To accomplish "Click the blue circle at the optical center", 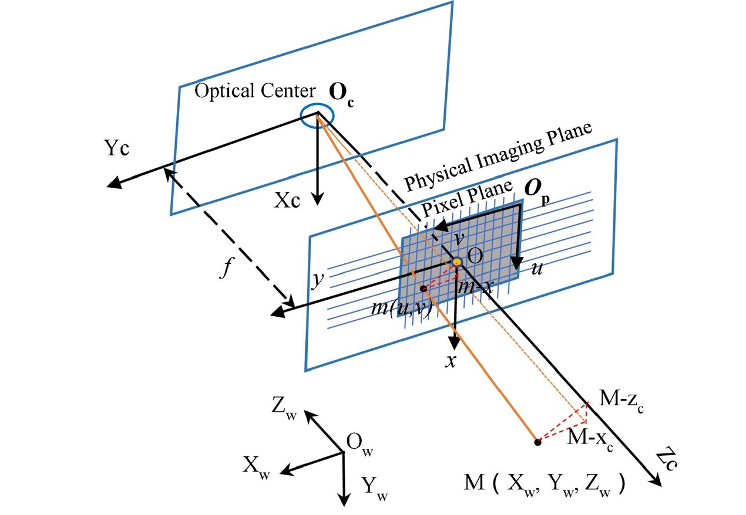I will pyautogui.click(x=318, y=116).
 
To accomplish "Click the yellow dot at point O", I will pyautogui.click(x=456, y=260).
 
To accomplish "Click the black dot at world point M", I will pyautogui.click(x=537, y=442).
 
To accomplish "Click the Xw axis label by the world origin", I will pyautogui.click(x=256, y=467).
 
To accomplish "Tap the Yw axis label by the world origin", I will pyautogui.click(x=374, y=486).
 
